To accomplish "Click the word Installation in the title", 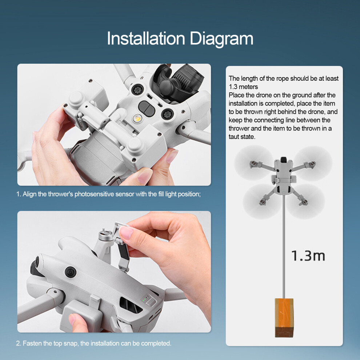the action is pos(146,38).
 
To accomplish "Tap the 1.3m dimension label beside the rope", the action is pos(308,256).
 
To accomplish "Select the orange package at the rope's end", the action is pos(284,317).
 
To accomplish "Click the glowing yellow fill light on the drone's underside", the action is pos(137,118).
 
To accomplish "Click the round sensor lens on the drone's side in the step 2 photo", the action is pos(71,272).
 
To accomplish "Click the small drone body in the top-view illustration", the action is pos(284,176).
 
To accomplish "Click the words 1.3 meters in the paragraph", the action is pos(243,87).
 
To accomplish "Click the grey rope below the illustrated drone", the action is pos(284,246).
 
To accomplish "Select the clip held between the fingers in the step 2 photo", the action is pos(123,246).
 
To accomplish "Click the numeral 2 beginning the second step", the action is pos(18,344).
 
